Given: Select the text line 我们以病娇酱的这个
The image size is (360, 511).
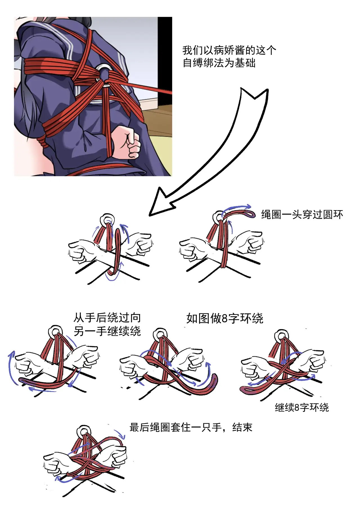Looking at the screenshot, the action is (x=229, y=50).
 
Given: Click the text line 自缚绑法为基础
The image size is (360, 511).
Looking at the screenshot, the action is (x=219, y=63).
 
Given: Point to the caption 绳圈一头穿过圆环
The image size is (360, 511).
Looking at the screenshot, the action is (x=302, y=215).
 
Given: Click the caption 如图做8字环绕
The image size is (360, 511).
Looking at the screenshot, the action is (x=225, y=319).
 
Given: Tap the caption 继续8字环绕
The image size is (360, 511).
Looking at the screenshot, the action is (x=302, y=407).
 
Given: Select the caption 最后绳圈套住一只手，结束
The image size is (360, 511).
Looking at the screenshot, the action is (x=191, y=427).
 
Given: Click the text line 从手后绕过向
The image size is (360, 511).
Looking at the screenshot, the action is (x=107, y=318).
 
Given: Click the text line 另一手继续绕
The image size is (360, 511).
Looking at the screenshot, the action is (x=107, y=331).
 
